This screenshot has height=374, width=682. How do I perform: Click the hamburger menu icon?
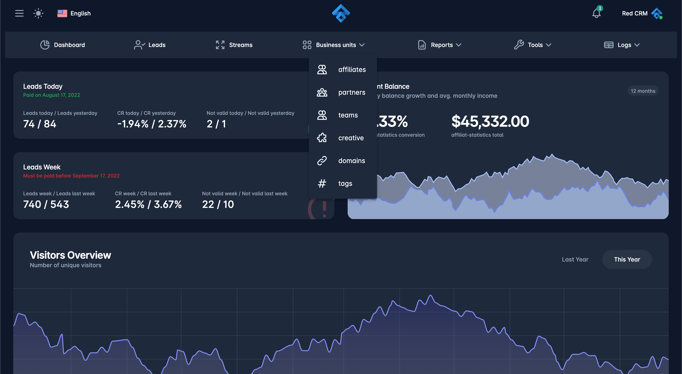[19, 13]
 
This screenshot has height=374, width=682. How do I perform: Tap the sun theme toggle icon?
[38, 13]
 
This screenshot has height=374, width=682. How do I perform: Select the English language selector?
[74, 13]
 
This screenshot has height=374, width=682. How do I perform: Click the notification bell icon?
[596, 13]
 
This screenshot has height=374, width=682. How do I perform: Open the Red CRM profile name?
[635, 13]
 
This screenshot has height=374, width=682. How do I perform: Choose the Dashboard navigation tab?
[63, 45]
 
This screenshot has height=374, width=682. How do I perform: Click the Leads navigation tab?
[150, 45]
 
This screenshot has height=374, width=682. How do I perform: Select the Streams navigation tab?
[234, 45]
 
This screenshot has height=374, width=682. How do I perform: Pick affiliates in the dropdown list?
[352, 70]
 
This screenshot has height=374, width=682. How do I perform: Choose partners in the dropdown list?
[352, 92]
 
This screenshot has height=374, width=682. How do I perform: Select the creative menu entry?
[351, 138]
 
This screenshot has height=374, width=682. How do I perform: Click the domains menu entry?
[352, 161]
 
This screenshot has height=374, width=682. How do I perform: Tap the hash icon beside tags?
[322, 183]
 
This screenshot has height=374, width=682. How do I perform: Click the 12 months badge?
[643, 91]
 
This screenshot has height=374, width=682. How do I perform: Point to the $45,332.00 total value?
[490, 122]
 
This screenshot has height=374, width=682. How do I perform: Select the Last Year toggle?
[575, 259]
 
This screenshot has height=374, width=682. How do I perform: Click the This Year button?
[627, 259]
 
